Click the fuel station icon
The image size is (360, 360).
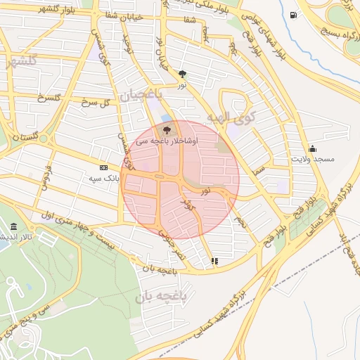point(292,14)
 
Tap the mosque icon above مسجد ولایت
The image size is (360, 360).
point(312,148)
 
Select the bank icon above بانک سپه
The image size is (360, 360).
point(103,168)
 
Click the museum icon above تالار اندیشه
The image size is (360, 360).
point(14,226)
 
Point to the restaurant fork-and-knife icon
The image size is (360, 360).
point(214,261)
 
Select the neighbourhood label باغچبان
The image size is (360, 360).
point(140,94)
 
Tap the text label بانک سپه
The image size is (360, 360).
point(105,179)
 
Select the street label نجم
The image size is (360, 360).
point(240,222)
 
